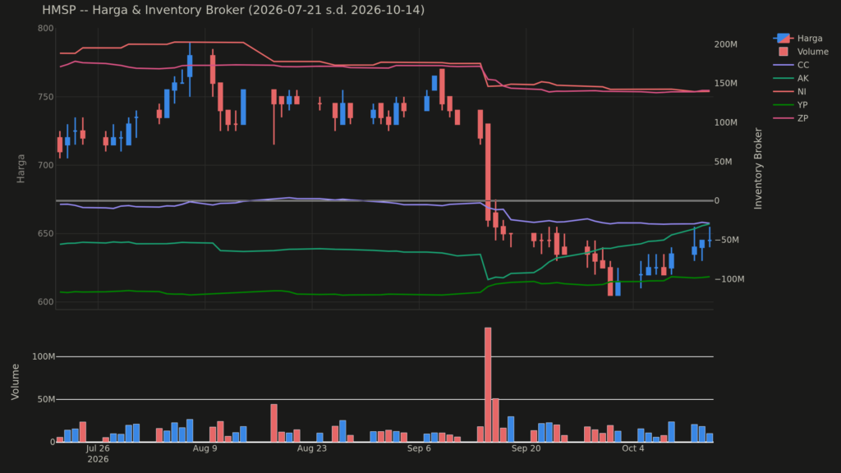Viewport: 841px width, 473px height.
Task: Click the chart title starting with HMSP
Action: click(x=233, y=10)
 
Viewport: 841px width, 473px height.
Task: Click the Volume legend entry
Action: click(x=803, y=52)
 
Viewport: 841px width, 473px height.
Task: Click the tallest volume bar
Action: click(x=488, y=384)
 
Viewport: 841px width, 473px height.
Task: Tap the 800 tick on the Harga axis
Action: click(x=46, y=29)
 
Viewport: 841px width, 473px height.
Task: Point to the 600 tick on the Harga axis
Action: click(x=46, y=302)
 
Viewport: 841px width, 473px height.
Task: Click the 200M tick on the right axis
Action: click(x=726, y=44)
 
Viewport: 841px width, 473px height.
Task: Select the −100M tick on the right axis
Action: click(x=729, y=279)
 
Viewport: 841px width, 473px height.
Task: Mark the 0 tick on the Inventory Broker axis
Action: click(x=717, y=200)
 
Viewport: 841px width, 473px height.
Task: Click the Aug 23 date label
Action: click(x=311, y=448)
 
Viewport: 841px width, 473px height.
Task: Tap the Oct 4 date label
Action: click(x=633, y=448)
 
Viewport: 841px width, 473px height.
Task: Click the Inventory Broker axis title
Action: click(x=758, y=168)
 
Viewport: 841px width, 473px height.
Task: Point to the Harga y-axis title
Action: click(x=21, y=168)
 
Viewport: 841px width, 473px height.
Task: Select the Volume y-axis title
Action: click(x=15, y=381)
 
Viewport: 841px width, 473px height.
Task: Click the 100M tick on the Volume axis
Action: click(x=44, y=356)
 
